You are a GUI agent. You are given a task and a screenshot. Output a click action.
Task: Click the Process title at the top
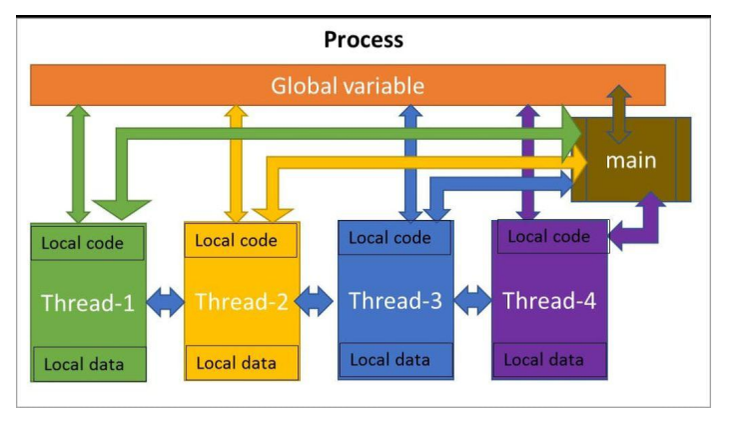point(364,40)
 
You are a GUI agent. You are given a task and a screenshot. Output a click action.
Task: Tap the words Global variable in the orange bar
point(348,86)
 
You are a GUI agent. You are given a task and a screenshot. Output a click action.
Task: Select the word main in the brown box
point(631,160)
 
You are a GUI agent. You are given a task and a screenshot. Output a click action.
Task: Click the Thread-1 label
point(88,303)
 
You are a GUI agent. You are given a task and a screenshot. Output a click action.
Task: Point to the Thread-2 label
point(242,302)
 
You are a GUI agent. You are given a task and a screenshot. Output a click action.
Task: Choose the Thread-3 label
point(395,301)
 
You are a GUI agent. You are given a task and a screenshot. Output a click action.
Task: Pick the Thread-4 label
point(549,301)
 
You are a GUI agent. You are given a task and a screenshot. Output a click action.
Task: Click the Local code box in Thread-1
point(87,243)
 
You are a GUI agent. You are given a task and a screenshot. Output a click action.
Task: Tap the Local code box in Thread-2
point(241,240)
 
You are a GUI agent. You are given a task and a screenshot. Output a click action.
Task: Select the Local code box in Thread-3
point(394,238)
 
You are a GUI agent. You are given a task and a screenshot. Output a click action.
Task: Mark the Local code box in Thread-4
point(553,236)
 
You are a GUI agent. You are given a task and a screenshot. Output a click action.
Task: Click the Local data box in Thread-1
point(90,364)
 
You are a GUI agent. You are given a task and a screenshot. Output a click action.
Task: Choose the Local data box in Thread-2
point(242,363)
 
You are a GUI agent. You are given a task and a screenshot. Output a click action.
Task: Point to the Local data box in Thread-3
point(395,360)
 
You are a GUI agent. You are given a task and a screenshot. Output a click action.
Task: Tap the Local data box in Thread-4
point(549,360)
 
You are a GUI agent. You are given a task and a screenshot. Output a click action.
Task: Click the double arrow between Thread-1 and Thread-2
point(165,302)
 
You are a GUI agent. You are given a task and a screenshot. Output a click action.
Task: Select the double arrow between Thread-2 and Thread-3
point(314,301)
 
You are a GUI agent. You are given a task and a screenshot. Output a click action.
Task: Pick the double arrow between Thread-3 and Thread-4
point(472,300)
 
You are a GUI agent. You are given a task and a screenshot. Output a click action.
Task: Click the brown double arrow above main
point(619,114)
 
